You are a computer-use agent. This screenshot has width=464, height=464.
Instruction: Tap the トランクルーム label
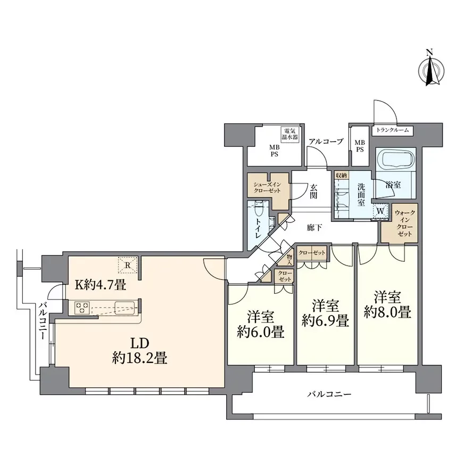[392, 130]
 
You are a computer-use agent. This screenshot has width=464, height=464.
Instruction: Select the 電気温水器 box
[289, 134]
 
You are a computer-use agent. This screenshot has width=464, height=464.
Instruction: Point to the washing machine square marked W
[380, 212]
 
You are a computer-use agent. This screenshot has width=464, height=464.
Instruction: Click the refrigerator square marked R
[128, 265]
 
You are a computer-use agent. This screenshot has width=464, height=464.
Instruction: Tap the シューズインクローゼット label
[267, 188]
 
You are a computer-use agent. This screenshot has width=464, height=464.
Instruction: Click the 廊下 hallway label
[314, 228]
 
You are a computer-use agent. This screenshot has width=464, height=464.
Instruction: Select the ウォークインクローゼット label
[404, 223]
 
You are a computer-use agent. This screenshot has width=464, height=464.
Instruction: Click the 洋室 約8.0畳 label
[387, 304]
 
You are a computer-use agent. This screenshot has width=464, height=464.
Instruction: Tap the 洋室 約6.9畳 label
[325, 313]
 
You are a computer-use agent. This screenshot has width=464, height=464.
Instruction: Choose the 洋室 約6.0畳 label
[260, 325]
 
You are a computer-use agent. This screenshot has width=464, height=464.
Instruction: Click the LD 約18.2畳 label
[139, 351]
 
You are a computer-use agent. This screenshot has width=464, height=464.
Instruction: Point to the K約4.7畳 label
[101, 285]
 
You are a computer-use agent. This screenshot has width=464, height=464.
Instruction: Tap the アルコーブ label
[326, 142]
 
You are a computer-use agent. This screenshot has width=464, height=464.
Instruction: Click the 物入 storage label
[289, 260]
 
